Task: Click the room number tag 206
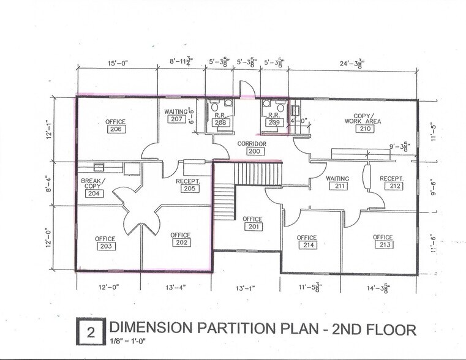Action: [116, 129]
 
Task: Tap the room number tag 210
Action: [366, 129]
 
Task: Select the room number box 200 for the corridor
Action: [254, 151]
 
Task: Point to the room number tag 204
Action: [94, 193]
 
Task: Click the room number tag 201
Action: [252, 227]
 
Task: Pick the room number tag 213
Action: [383, 246]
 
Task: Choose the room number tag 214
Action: [307, 246]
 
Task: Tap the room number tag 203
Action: [105, 246]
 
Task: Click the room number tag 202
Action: [181, 242]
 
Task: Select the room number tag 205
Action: [189, 189]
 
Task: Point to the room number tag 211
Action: [336, 186]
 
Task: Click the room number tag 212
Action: [394, 186]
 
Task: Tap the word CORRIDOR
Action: [253, 143]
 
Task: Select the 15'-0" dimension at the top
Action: [117, 62]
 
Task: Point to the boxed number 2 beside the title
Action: [91, 332]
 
